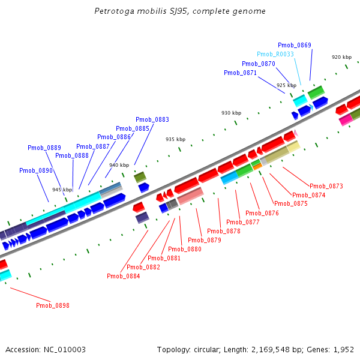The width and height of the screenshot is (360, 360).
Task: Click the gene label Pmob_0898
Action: click(x=53, y=305)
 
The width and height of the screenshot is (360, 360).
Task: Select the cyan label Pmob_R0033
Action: click(x=275, y=54)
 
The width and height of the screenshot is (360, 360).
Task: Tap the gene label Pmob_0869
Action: click(x=295, y=45)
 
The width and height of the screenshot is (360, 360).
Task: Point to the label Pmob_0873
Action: click(x=326, y=186)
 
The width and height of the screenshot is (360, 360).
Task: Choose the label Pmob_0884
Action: click(x=124, y=276)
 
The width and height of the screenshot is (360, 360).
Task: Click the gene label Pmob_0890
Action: click(x=36, y=170)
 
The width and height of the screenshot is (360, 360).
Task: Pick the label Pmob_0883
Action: click(x=152, y=119)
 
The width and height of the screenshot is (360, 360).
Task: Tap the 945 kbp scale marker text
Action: click(x=62, y=190)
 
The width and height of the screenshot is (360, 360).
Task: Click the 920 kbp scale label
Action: click(x=341, y=57)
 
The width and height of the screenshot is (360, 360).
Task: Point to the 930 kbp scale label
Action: click(x=231, y=113)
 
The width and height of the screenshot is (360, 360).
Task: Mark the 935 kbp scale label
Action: click(x=175, y=139)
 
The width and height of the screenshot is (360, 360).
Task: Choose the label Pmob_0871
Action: click(x=240, y=73)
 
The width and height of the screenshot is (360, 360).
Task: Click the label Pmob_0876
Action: click(x=262, y=213)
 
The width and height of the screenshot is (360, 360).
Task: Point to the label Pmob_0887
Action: click(x=93, y=146)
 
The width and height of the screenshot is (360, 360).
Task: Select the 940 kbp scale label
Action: click(x=119, y=165)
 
